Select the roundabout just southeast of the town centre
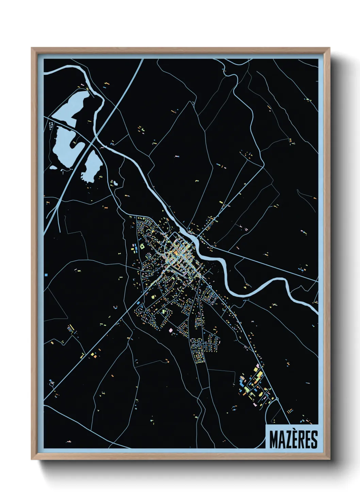point(203,278)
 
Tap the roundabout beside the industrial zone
point(277,398)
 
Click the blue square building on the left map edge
point(46,274)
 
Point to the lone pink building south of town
point(171,330)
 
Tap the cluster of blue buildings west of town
point(135,248)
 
